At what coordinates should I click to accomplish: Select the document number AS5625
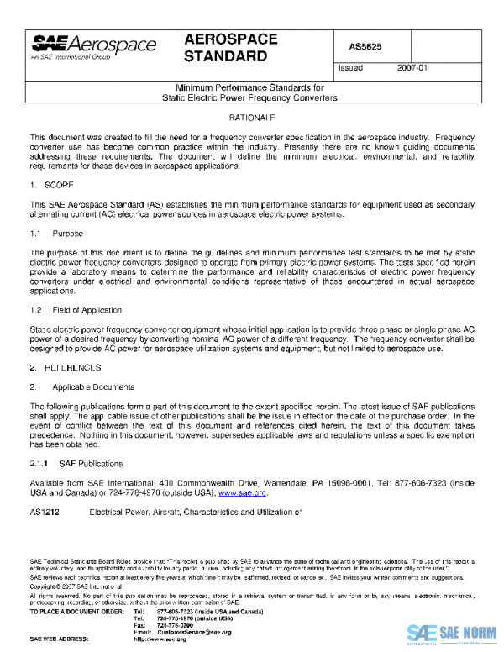(x=365, y=47)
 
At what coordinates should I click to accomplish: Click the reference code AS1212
(x=45, y=511)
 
